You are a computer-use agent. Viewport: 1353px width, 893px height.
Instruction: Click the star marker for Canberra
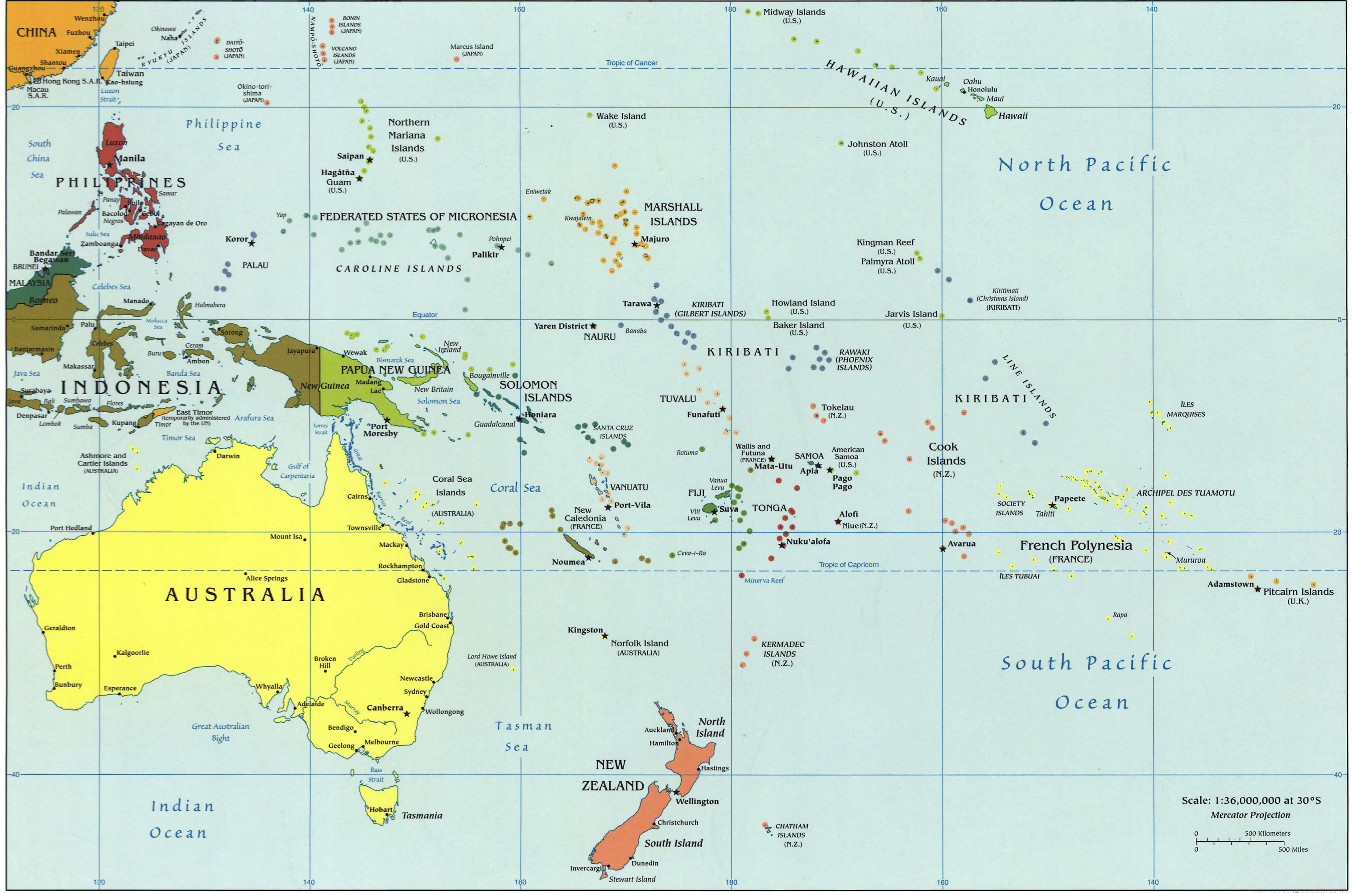point(407,714)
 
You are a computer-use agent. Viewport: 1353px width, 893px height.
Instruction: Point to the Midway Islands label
point(794,12)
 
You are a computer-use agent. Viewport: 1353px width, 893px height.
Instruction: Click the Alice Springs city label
point(267,578)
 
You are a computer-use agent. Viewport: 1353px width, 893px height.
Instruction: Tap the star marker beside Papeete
point(1052,505)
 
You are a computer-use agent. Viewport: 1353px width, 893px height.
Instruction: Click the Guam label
point(338,182)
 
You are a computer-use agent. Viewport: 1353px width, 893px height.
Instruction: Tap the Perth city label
point(63,666)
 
